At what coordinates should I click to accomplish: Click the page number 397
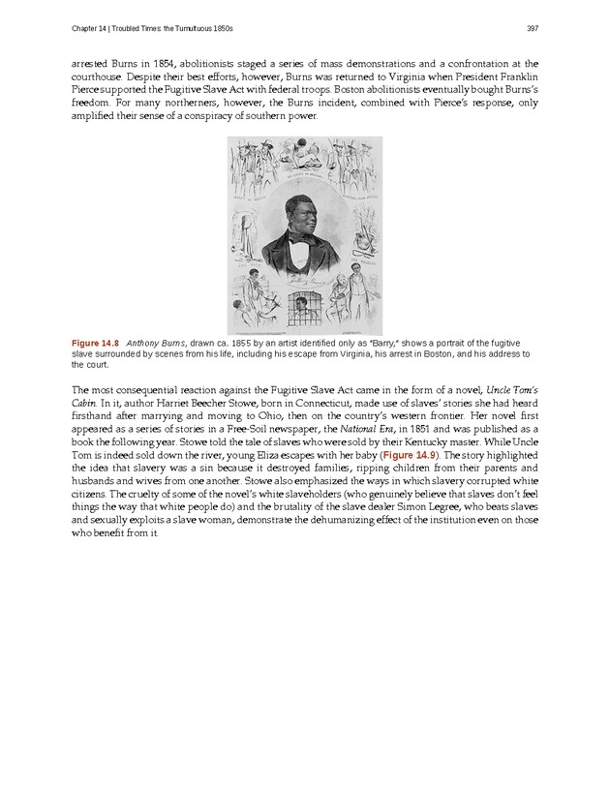[533, 26]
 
